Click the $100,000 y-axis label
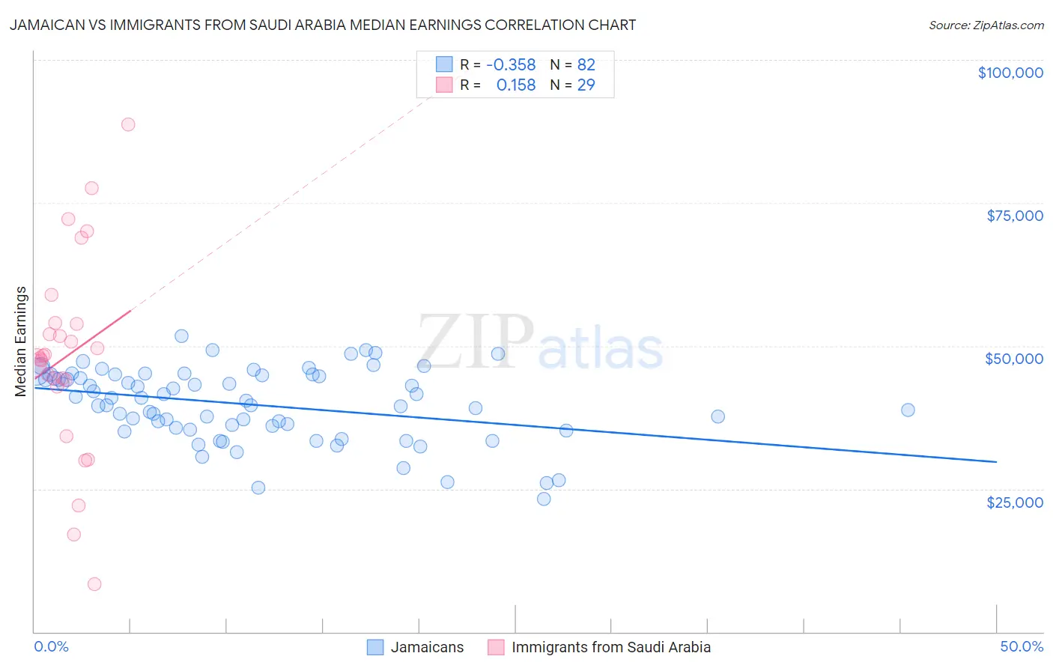point(1010,73)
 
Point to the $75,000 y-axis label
point(1014,216)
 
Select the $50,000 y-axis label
point(1013,359)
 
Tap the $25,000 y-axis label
point(1014,502)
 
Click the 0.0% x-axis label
point(51,646)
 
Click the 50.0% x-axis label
point(1021,646)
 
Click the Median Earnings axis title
point(21,341)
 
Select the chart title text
point(322,25)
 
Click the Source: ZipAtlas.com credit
point(986,25)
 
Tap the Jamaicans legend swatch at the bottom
point(375,647)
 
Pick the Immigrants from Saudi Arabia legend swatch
point(496,647)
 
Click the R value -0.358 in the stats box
point(511,65)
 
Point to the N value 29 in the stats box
point(586,85)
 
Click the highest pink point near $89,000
point(128,124)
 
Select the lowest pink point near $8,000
point(94,584)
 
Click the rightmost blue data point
point(908,410)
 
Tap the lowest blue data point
point(544,499)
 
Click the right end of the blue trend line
point(996,462)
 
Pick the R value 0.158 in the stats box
point(515,85)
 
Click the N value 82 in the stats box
point(586,65)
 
